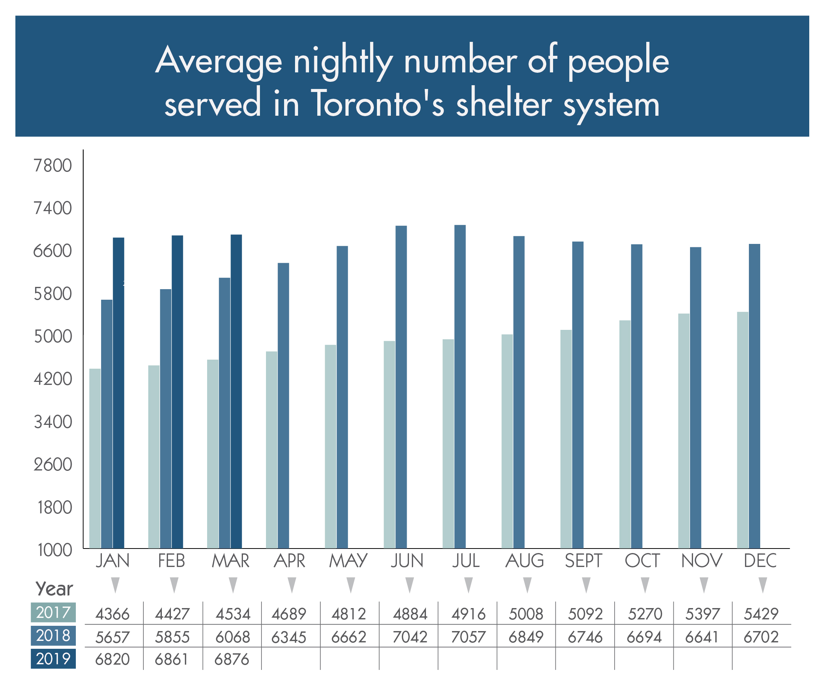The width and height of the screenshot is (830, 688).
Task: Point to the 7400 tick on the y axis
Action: pyautogui.click(x=53, y=208)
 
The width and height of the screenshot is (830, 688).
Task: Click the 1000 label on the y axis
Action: pyautogui.click(x=55, y=550)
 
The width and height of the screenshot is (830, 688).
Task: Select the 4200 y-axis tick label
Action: pyautogui.click(x=53, y=379)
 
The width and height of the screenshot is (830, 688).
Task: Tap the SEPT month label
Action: pyautogui.click(x=583, y=561)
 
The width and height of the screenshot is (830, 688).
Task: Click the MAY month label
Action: pyautogui.click(x=348, y=561)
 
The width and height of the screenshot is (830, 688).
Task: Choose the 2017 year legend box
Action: pyautogui.click(x=53, y=613)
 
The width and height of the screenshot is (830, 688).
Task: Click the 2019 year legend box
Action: pyautogui.click(x=53, y=659)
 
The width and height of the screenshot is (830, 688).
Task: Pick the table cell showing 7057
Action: pyautogui.click(x=468, y=637)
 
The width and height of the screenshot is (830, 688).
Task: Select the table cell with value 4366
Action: pyautogui.click(x=113, y=614)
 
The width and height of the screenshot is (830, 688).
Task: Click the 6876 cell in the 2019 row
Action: pyautogui.click(x=232, y=659)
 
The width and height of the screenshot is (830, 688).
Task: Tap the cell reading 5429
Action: pyautogui.click(x=761, y=614)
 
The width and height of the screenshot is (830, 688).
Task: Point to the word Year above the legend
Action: pyautogui.click(x=54, y=589)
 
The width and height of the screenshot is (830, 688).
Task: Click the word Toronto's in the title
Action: pyautogui.click(x=377, y=103)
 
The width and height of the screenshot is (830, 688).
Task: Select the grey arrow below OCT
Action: pyautogui.click(x=645, y=585)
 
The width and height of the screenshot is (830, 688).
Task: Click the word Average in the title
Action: pyautogui.click(x=219, y=61)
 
